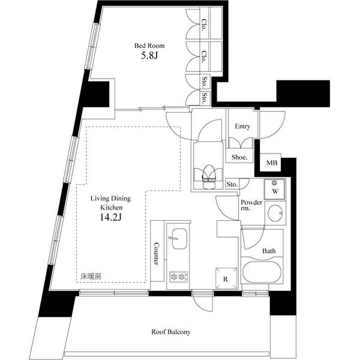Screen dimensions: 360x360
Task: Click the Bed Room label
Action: pos(149,46)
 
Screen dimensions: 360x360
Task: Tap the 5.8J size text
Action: pos(149,58)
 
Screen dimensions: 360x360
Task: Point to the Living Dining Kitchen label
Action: pos(111,202)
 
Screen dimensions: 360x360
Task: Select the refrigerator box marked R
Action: pos(225,278)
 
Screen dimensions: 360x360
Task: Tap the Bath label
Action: pos(269,251)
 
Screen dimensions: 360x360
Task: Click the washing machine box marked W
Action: pos(275,191)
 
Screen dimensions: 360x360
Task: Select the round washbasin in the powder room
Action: pos(275,213)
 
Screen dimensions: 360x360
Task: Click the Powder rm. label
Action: pos(252,206)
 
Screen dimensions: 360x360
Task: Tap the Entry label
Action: pos(242,127)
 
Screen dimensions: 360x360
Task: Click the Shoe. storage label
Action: pos(239,157)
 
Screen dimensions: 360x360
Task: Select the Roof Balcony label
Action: pos(170,332)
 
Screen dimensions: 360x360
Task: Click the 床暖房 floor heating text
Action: pos(91,277)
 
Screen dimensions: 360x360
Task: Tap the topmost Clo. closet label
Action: pos(204,25)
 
